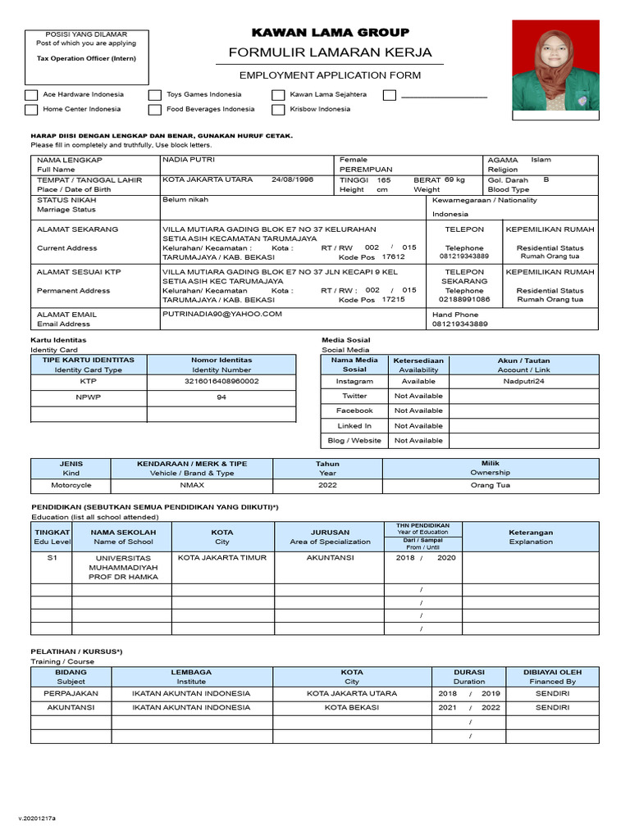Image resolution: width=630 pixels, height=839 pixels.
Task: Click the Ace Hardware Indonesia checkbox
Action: (x=31, y=95)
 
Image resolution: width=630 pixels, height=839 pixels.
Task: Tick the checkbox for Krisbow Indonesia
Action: (x=279, y=109)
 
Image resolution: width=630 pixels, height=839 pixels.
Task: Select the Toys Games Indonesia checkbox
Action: (x=155, y=95)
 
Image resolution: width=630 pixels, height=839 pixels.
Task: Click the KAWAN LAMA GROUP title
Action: (x=330, y=33)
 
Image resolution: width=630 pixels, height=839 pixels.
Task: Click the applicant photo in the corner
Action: (x=555, y=66)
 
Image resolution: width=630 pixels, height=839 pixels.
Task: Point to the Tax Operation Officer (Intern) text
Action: (x=86, y=59)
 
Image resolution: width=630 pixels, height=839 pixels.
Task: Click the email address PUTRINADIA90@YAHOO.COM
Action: (x=222, y=314)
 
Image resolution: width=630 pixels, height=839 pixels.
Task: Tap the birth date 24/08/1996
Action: (x=292, y=179)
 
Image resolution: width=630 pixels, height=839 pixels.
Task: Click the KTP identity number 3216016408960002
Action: (x=221, y=381)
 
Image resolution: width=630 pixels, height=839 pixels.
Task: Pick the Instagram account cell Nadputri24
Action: (x=523, y=381)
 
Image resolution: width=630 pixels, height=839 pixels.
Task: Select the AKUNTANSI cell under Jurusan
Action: (x=330, y=557)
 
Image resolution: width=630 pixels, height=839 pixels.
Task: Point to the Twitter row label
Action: (x=354, y=396)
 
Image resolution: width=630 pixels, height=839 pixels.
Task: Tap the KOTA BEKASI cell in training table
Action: (x=351, y=707)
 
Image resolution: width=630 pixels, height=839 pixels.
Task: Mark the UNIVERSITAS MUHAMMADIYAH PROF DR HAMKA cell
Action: (x=122, y=567)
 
